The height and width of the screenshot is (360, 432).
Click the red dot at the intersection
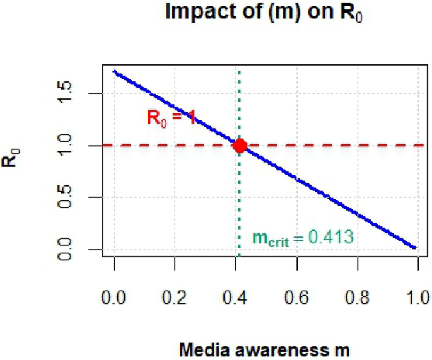point(240,146)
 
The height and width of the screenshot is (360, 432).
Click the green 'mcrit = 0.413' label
point(302,238)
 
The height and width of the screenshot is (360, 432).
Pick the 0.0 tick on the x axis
point(114,296)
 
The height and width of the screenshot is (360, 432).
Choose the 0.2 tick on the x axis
point(175,296)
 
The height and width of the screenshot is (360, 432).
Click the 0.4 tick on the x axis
point(236,296)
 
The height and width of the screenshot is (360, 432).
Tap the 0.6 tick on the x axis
point(297,296)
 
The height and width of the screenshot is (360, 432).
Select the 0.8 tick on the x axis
point(358,296)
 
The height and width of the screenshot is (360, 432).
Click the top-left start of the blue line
point(115,72)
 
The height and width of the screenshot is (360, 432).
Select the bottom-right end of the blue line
point(415,247)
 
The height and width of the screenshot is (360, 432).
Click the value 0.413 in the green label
point(330,238)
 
